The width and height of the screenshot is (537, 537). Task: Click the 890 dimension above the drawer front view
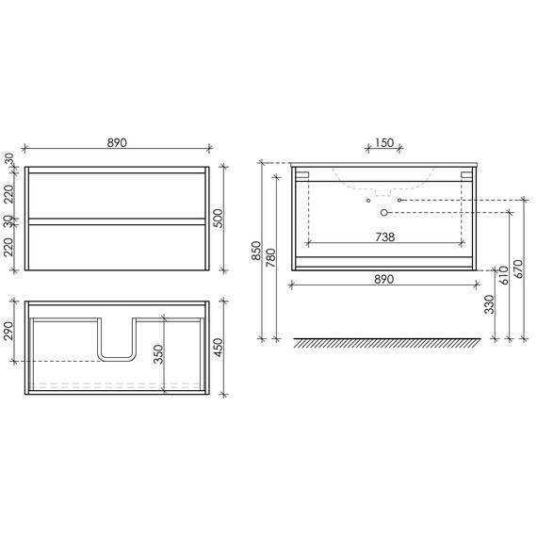pos(116,142)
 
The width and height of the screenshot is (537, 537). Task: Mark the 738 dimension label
pos(384,238)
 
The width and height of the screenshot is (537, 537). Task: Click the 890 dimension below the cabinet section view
pos(384,279)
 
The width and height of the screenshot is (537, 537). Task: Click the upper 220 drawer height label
pos(10,195)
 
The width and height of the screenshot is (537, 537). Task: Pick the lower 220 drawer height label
pos(10,248)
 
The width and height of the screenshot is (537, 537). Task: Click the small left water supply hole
pos(368,201)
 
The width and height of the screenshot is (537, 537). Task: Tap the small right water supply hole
pos(400,201)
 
